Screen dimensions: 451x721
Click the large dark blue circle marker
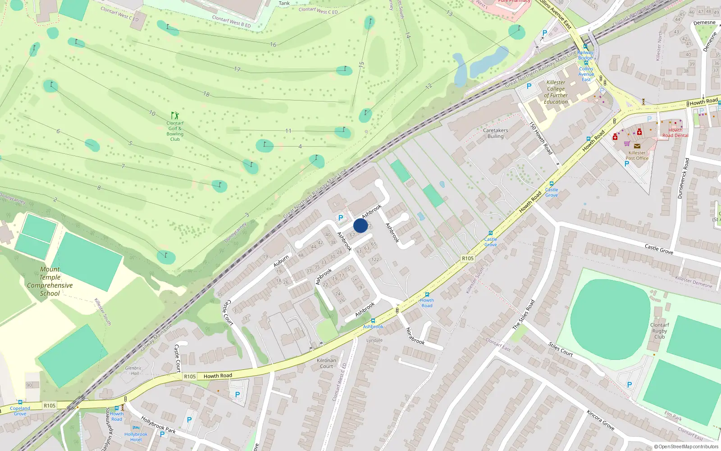coord(360,225)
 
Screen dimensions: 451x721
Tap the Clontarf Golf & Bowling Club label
coord(175,131)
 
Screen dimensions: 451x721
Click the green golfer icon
coord(175,116)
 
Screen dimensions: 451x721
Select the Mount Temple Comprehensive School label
coord(50,281)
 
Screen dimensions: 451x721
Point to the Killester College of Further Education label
coord(556,92)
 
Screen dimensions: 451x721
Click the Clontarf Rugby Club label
coord(659,331)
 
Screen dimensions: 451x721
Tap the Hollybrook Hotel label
coord(136,437)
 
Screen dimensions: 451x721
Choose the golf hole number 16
coord(273,45)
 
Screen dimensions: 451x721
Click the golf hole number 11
coord(288,131)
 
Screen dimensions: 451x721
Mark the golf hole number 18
coord(206,94)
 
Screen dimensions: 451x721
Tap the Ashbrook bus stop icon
coord(373,321)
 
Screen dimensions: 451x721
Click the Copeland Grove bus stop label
coord(20,411)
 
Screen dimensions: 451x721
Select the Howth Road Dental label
coord(675,133)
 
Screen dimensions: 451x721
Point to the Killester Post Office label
coord(637,156)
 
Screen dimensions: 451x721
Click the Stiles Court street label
coord(561,350)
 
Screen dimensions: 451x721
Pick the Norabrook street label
coord(415,336)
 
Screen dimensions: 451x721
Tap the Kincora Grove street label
coord(600,419)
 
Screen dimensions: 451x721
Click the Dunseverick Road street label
coord(684,178)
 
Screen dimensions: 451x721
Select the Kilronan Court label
coord(326,363)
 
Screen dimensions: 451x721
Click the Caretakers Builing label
coord(495,133)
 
